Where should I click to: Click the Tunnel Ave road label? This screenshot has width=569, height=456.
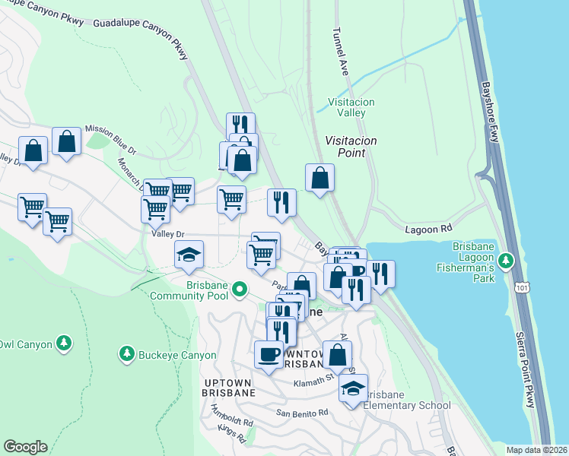339,52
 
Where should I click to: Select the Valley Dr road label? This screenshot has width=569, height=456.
169,234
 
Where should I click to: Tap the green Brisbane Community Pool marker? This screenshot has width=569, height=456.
240,288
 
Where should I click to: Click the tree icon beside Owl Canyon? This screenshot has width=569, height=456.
65,344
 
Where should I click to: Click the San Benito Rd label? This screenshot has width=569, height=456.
302,413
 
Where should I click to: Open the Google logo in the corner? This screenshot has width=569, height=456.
25,447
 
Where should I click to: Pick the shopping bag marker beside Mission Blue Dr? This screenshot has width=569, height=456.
67,141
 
